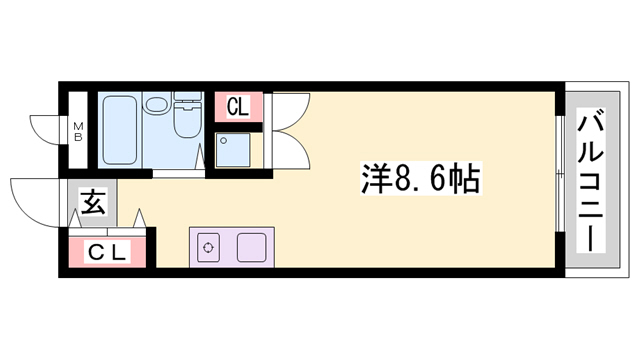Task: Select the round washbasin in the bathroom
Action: tap(156, 105)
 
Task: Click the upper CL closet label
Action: tap(237, 106)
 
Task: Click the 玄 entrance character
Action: tap(92, 205)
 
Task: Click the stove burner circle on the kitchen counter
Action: tap(209, 247)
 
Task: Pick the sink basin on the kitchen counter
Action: tap(250, 247)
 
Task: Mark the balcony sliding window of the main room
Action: tap(556, 181)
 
